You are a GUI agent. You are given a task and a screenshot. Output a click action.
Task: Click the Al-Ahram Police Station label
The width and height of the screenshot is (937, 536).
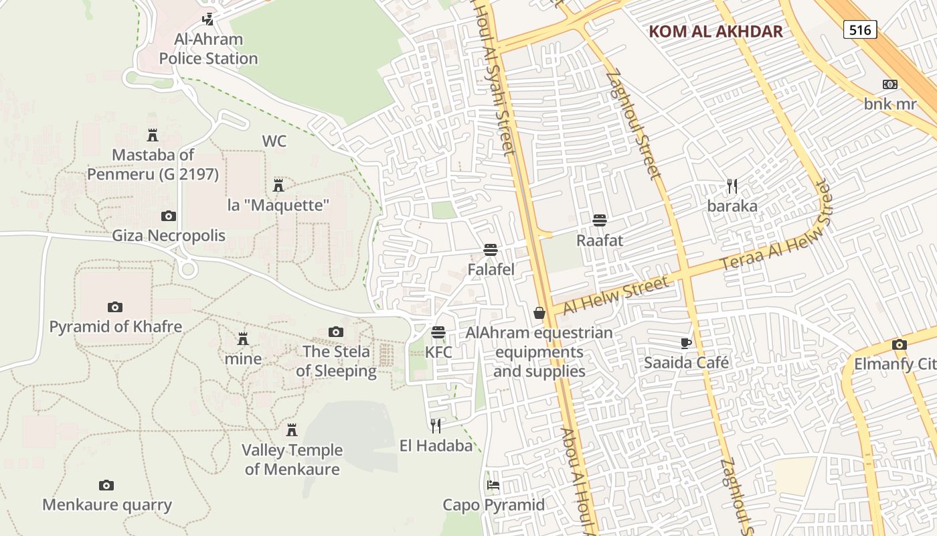tap(208, 49)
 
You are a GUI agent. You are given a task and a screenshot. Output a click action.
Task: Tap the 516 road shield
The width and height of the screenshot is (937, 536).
tap(860, 29)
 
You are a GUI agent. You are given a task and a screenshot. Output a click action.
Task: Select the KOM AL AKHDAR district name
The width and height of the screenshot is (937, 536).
tap(715, 31)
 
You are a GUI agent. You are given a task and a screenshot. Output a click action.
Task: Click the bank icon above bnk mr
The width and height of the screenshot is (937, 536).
tap(889, 84)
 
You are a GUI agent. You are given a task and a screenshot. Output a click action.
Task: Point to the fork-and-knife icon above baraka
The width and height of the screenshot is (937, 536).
tap(732, 186)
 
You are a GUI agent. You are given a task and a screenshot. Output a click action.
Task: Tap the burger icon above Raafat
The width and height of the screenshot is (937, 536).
tap(600, 220)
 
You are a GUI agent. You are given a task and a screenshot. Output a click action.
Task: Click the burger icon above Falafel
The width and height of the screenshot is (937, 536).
tap(491, 250)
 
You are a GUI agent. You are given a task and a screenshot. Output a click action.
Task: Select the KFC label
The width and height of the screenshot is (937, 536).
tap(438, 352)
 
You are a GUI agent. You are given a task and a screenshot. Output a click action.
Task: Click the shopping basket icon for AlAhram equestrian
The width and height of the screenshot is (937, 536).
tap(539, 313)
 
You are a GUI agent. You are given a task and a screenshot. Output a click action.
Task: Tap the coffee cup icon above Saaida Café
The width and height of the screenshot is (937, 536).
tap(686, 343)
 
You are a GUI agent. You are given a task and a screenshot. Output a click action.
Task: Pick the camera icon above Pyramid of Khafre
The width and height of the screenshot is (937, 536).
tap(115, 307)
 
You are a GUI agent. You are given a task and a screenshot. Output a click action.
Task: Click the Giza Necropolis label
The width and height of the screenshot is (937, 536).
tap(169, 236)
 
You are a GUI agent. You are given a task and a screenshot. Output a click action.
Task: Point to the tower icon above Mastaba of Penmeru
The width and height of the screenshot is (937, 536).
tap(153, 135)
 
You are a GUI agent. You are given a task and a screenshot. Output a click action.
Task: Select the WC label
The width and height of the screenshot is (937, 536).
tap(274, 141)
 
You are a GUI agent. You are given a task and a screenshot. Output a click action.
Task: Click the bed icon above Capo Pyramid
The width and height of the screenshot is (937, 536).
tap(493, 484)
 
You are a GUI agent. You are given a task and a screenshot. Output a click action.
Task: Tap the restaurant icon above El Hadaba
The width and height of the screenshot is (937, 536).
tap(436, 425)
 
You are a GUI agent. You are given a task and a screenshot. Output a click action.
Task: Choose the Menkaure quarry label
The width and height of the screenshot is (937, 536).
tap(107, 505)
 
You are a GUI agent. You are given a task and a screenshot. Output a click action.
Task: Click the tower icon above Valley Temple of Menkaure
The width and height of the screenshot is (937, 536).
tap(292, 429)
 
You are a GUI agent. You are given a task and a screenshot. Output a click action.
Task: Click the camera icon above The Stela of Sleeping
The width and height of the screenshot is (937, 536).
tap(336, 332)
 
